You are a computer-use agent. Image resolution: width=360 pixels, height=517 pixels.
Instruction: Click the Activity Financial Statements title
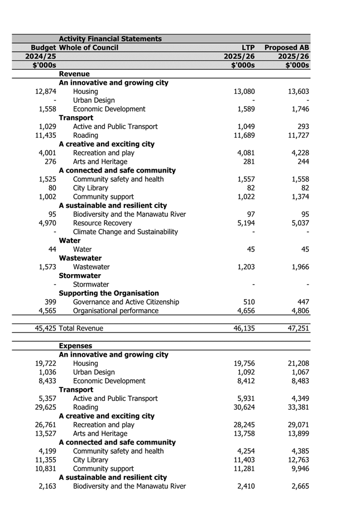tap(110, 39)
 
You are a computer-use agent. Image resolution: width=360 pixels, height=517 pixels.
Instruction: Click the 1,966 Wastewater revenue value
tap(298, 267)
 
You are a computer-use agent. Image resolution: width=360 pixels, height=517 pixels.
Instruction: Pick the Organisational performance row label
tap(117, 311)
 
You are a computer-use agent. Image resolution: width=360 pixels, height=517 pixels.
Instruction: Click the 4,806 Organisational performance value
tap(298, 311)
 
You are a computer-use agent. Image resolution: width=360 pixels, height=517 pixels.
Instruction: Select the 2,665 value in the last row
tap(298, 486)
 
